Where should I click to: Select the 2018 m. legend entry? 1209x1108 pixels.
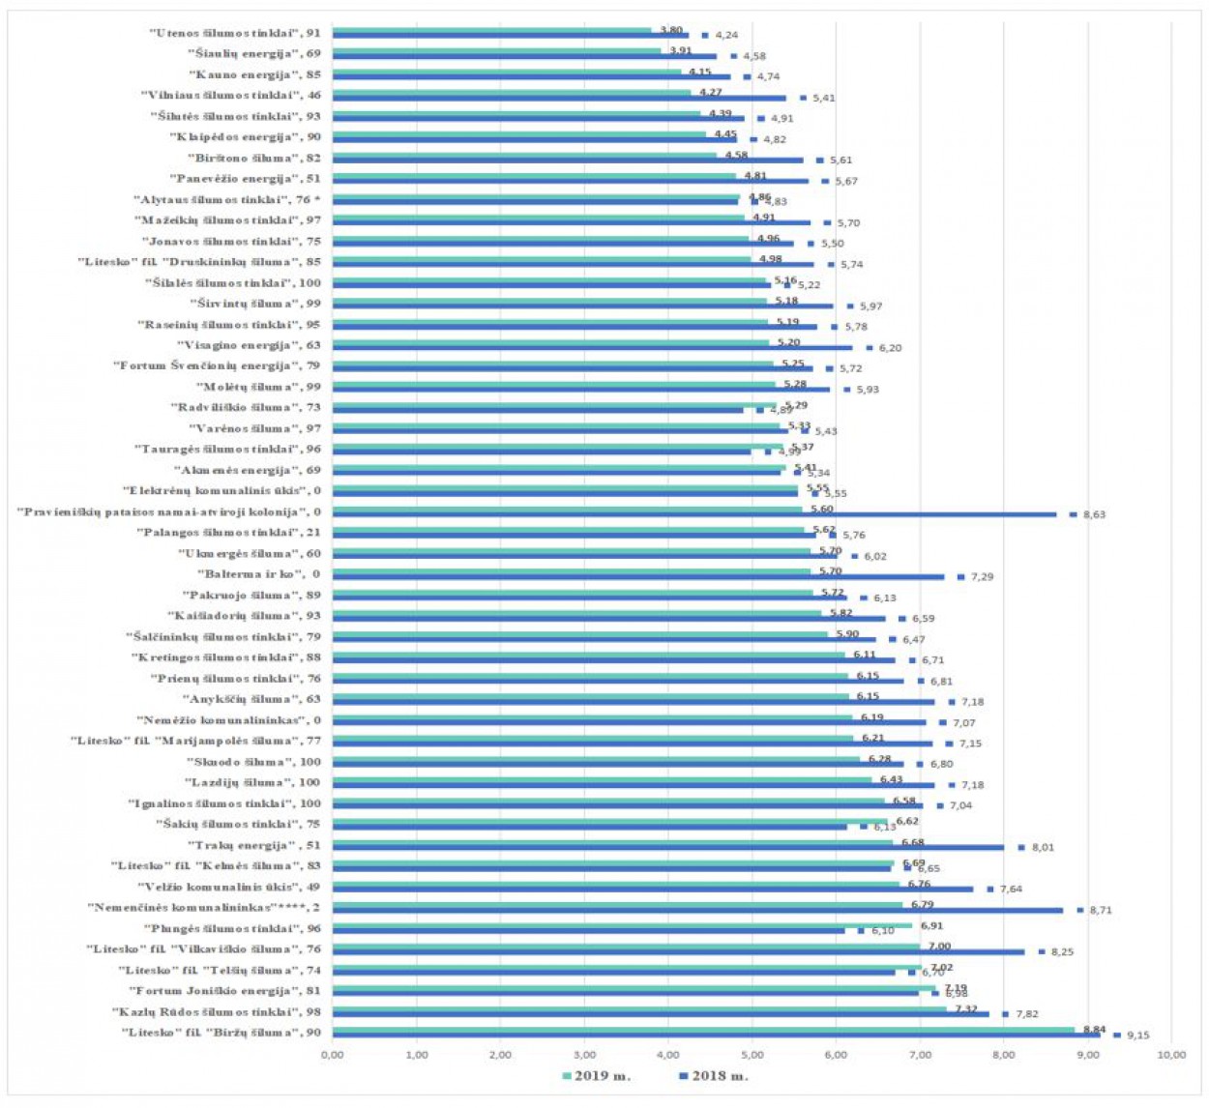(720, 1075)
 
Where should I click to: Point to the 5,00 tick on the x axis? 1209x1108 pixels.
(752, 1055)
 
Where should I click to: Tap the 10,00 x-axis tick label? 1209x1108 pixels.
(1170, 1055)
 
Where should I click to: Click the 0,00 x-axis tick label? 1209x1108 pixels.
(332, 1055)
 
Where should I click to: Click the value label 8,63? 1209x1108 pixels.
(1094, 515)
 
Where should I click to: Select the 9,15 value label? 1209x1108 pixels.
(1137, 1035)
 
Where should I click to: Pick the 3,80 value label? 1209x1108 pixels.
(670, 30)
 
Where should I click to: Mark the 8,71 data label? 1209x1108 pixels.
(1100, 911)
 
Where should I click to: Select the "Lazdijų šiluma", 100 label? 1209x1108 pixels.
(251, 782)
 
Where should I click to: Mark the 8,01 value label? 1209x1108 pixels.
(1043, 848)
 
